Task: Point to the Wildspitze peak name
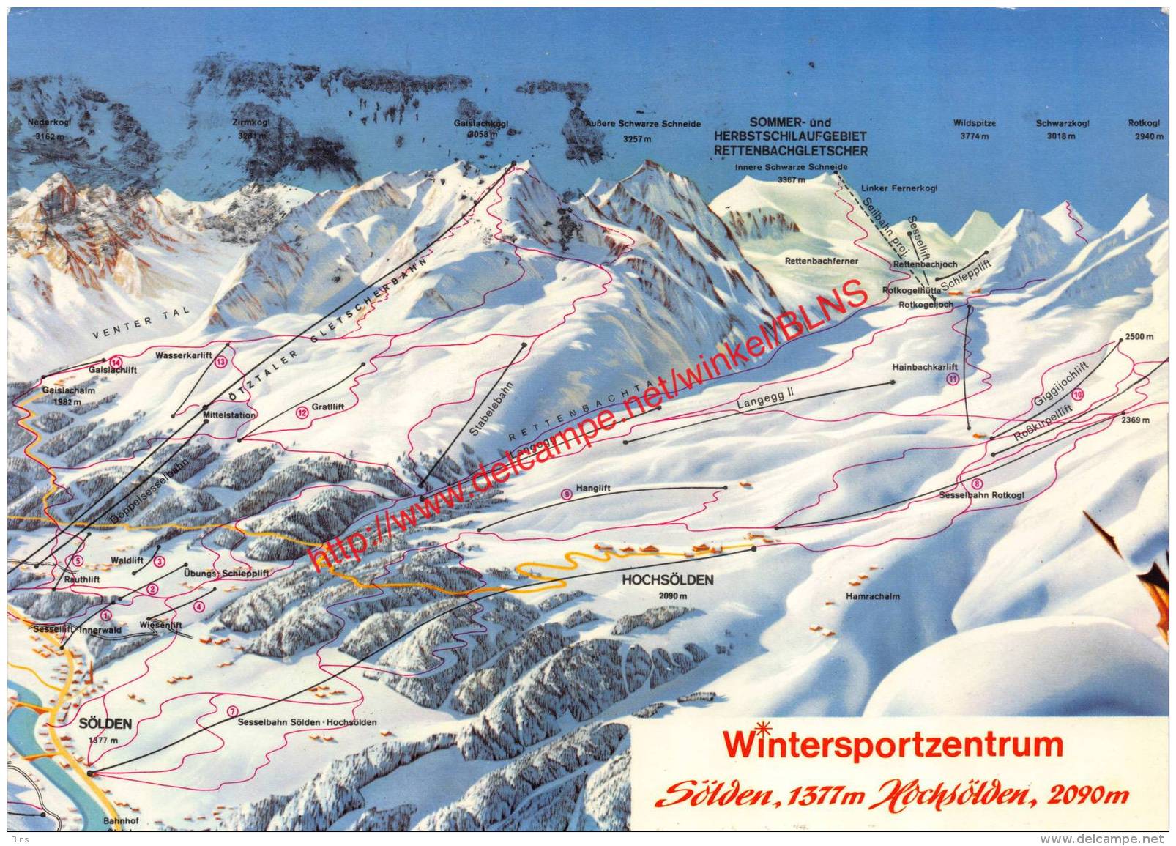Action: point(975,123)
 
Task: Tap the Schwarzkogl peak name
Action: point(1063,123)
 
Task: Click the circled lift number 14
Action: point(115,362)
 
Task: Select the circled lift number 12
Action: point(302,413)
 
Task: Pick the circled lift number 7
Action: point(233,711)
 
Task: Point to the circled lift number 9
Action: point(566,494)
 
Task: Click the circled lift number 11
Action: point(953,378)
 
